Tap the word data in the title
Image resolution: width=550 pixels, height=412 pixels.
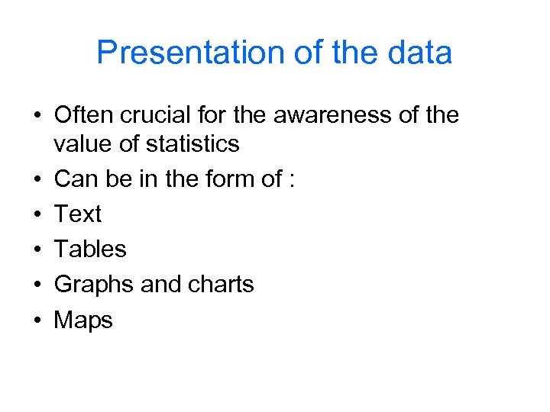pyautogui.click(x=419, y=53)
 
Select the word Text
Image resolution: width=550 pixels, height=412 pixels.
pyautogui.click(x=77, y=214)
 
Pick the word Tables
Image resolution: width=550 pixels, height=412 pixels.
pyautogui.click(x=90, y=249)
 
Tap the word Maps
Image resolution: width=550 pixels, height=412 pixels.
pyautogui.click(x=83, y=320)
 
